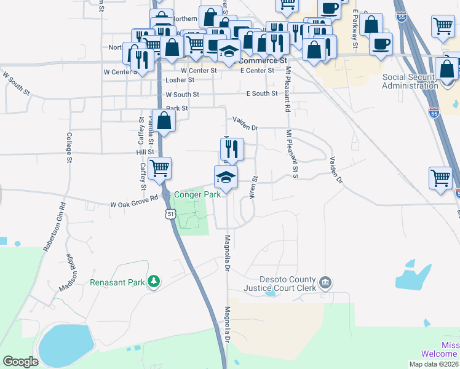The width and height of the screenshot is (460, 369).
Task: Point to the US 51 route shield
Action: tap(170, 213)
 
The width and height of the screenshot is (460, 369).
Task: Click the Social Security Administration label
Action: tap(410, 81)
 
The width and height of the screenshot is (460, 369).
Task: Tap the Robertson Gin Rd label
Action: tap(54, 228)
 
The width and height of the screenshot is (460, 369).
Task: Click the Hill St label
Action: tap(145, 152)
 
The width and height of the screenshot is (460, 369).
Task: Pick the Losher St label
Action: tap(180, 80)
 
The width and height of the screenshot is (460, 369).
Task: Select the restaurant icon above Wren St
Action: tap(232, 148)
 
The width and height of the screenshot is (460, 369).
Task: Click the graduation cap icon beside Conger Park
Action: tap(226, 177)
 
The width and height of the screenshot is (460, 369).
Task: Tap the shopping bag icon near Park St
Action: tap(164, 121)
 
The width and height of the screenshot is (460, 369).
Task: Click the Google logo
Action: tap(20, 362)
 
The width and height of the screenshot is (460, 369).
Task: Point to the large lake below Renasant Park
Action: tap(65, 344)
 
